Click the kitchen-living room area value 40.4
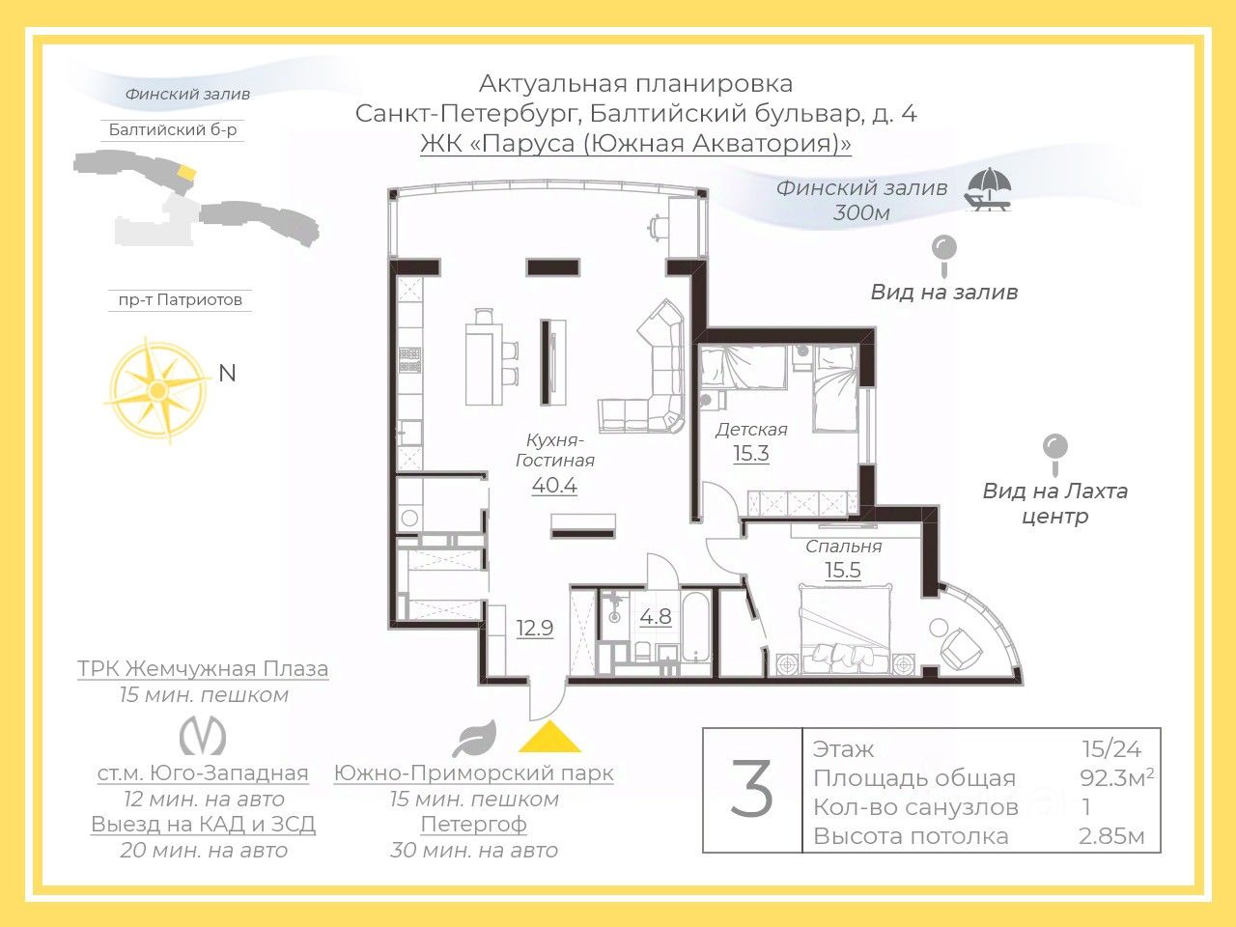[x=554, y=485]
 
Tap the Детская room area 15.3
[x=750, y=453]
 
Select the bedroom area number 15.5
[x=842, y=570]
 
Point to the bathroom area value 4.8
[x=656, y=616]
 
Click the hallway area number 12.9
[x=534, y=628]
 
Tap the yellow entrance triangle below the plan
[x=549, y=737]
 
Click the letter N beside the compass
[x=228, y=373]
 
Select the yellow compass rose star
[x=155, y=389]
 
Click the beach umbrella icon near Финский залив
[x=989, y=189]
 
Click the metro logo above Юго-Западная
[x=203, y=737]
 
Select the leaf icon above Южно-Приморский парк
[x=474, y=739]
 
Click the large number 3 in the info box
[x=752, y=790]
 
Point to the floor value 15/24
[x=1111, y=748]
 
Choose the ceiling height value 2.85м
[x=1111, y=836]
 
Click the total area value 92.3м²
[x=1116, y=777]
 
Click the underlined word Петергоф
[x=473, y=825]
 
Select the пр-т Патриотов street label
[x=180, y=300]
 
